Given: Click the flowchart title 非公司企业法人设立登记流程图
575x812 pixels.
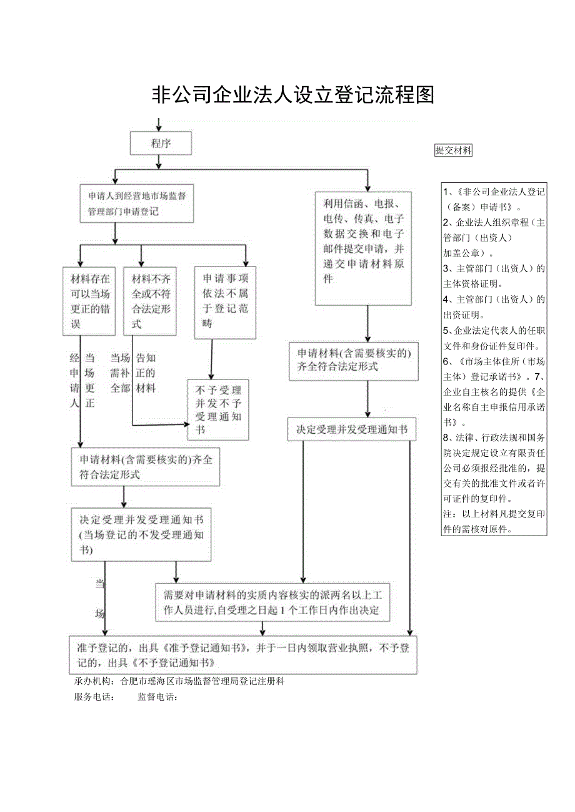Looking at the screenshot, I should click(293, 95).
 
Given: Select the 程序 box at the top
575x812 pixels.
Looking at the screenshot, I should click(161, 143).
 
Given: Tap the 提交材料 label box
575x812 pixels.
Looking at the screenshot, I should click(453, 150).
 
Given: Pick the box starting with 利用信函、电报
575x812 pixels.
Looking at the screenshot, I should click(363, 248).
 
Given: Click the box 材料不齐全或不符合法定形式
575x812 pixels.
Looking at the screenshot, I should click(150, 301).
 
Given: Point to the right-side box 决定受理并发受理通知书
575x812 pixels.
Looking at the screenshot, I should click(351, 430).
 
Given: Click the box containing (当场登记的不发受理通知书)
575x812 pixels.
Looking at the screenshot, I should click(145, 534).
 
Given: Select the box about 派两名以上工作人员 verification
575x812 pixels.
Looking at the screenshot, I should click(272, 602).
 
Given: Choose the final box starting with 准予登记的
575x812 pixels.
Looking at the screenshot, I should click(242, 655).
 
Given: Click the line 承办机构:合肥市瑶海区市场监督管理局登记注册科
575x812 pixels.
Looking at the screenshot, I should click(179, 682).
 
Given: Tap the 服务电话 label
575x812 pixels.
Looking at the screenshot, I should click(94, 697).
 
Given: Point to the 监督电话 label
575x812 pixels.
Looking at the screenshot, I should click(157, 697).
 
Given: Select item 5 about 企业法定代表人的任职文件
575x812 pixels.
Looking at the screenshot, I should click(494, 338).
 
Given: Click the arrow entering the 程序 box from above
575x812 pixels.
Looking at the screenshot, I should click(160, 125).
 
